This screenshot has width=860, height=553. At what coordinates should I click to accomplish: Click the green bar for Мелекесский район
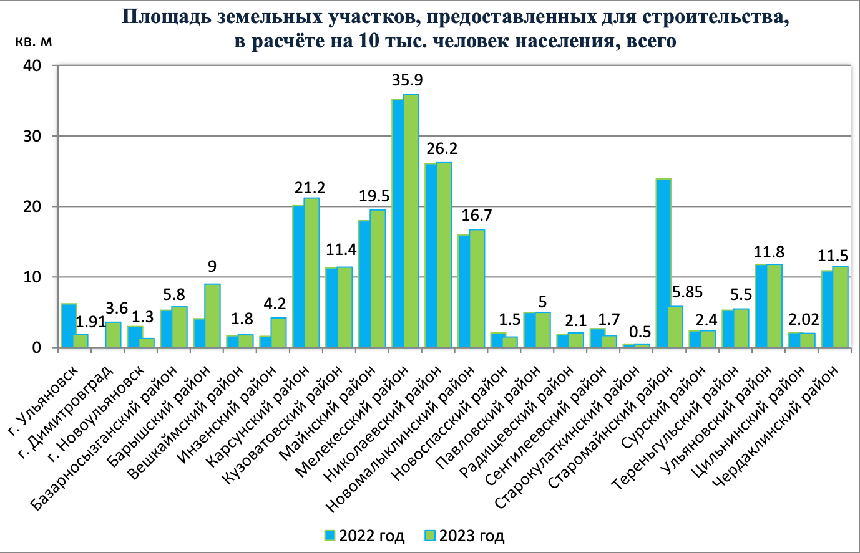pyautogui.click(x=411, y=221)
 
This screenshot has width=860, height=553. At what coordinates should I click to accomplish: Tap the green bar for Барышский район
pyautogui.click(x=213, y=315)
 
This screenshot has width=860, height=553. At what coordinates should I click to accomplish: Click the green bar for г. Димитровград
pyautogui.click(x=114, y=335)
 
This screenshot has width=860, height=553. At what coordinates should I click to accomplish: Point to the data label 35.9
pyautogui.click(x=407, y=80)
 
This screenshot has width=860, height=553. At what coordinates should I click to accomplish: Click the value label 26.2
pyautogui.click(x=442, y=150)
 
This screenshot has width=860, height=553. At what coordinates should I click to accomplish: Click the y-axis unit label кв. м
pyautogui.click(x=34, y=42)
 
